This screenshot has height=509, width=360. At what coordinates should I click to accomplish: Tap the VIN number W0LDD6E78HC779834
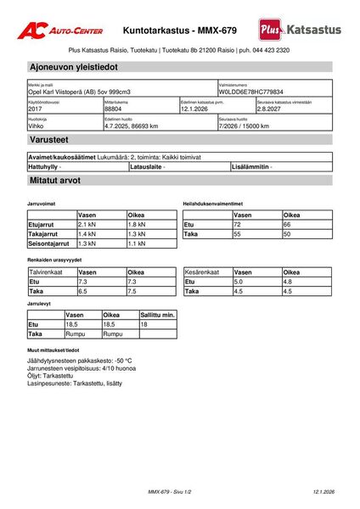pos(251,92)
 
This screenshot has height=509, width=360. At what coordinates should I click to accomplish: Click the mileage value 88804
pos(114,109)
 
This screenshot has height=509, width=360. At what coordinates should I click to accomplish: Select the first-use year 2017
pos(36,109)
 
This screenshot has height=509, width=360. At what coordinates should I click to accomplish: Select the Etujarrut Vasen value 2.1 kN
pos(87,224)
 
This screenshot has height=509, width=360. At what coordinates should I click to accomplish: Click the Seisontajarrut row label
pos(51,243)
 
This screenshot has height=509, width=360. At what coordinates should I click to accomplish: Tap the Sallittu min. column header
pos(157,314)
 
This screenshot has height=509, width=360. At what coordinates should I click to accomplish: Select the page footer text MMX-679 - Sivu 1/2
pos(170,492)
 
